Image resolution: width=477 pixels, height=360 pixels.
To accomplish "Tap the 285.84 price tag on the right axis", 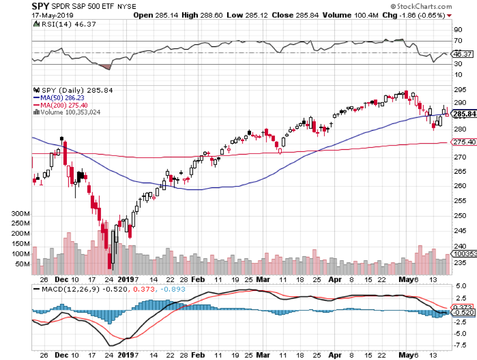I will (x=463, y=114).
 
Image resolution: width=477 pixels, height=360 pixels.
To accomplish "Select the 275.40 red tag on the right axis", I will (x=463, y=142).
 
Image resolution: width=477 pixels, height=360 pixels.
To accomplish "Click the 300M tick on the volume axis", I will (x=21, y=213).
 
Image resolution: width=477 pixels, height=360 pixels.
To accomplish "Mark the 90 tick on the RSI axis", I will (x=456, y=29).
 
